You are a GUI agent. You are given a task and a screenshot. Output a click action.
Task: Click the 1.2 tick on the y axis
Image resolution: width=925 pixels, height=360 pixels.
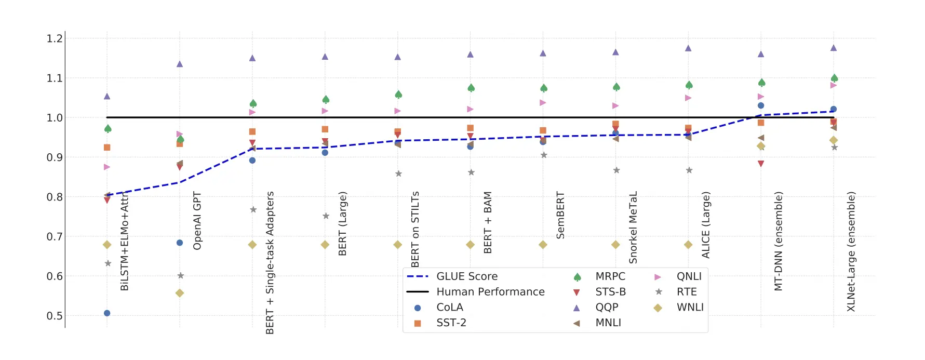coord(55,38)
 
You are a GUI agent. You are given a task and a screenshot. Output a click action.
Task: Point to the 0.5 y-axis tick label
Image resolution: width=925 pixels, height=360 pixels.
coord(55,316)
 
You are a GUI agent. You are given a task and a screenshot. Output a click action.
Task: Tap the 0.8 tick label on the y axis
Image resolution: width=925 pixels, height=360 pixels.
coord(55,197)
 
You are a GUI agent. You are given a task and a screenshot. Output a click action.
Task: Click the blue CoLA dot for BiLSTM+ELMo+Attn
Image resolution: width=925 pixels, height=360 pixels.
coord(107,313)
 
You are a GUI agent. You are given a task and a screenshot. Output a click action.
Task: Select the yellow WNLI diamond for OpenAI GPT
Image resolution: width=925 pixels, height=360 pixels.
coord(180,293)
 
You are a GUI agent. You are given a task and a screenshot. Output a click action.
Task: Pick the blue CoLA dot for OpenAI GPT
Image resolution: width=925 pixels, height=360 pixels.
coord(180,243)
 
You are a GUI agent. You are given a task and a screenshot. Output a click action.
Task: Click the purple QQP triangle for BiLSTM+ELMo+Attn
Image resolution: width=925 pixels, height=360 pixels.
coord(107,96)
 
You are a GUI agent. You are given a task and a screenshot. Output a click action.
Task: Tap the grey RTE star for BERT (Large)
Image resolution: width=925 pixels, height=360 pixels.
coord(326,216)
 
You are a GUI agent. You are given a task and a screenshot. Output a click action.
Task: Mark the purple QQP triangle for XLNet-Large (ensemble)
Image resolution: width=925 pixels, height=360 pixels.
coord(834,48)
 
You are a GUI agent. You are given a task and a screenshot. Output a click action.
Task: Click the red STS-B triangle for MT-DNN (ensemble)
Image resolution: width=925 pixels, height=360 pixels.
coord(761,164)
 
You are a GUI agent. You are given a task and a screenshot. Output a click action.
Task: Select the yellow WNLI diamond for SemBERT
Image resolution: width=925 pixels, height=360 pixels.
coord(543,245)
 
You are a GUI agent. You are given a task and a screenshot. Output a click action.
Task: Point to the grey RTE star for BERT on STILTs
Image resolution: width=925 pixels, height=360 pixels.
coord(398,174)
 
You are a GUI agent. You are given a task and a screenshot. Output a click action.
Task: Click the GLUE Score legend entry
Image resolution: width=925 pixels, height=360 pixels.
coord(466,276)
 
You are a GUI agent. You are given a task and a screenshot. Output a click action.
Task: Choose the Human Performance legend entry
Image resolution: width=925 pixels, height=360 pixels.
coord(490,292)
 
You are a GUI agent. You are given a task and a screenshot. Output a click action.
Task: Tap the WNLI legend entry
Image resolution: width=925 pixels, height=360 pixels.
coord(690,308)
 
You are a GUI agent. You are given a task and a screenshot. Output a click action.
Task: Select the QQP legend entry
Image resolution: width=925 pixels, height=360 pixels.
coord(606,308)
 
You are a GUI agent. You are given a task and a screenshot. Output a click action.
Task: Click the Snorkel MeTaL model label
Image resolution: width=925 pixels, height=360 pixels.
coord(633,228)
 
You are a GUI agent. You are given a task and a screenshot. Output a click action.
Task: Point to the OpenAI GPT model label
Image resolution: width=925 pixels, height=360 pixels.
coord(197,221)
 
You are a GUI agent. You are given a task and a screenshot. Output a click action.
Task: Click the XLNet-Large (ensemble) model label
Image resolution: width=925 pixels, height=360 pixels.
coord(851,252)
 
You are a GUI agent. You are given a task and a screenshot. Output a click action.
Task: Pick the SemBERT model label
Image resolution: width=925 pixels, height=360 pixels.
coord(560,215)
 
